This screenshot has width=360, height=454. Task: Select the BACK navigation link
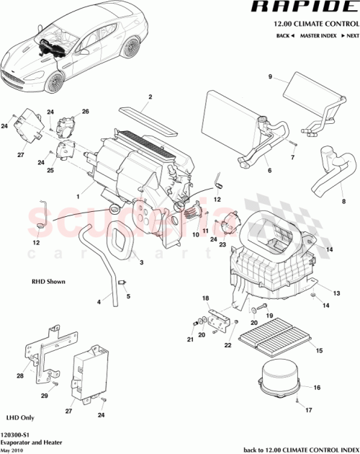coord(284,35)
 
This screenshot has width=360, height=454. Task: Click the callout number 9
coord(271,77)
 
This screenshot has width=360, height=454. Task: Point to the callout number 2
coord(150,97)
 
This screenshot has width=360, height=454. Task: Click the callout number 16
coord(316,388)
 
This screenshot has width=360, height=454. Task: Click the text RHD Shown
coord(48,282)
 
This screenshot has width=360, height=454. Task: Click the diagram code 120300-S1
coord(19,435)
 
